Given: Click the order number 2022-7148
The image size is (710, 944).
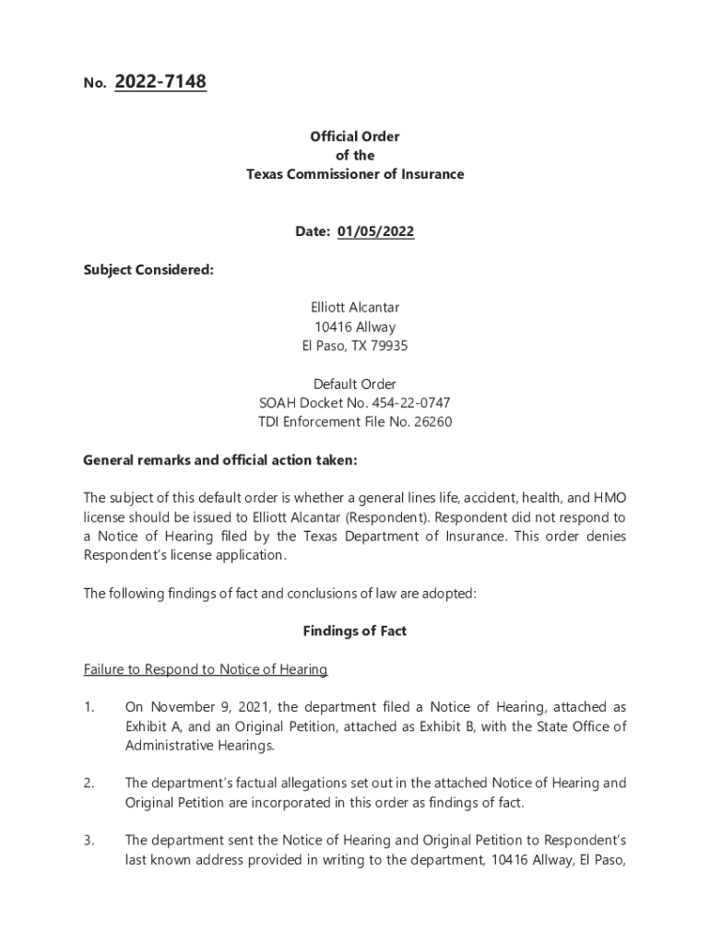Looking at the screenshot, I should (x=160, y=83).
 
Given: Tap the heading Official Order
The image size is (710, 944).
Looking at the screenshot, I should (x=355, y=136).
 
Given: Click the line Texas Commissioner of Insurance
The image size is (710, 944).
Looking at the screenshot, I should (x=355, y=174).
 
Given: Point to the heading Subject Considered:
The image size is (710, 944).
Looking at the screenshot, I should (x=148, y=270).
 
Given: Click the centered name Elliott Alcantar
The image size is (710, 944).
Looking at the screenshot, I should (x=355, y=308).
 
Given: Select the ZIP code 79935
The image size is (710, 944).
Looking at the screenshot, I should (x=388, y=347).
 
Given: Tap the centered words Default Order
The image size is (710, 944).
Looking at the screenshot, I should (x=355, y=384).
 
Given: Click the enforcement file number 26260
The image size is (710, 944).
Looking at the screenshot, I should (x=432, y=422).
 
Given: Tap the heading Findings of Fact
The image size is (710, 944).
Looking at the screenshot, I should (x=355, y=631).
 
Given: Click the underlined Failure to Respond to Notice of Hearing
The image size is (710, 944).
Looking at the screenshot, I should (x=206, y=669).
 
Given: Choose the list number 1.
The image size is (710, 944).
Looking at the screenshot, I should (x=89, y=707).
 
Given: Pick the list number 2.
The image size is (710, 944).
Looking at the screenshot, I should (x=89, y=784).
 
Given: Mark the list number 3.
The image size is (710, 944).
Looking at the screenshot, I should (x=89, y=841).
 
